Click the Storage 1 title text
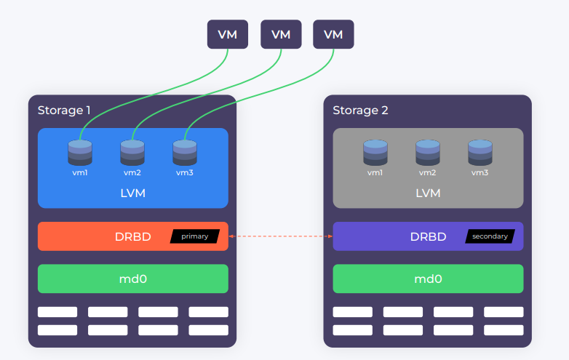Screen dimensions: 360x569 pyautogui.click(x=64, y=111)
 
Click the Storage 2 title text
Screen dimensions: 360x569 pyautogui.click(x=360, y=111)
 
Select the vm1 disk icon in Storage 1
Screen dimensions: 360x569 pyautogui.click(x=80, y=152)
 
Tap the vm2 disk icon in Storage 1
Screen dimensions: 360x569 pyautogui.click(x=132, y=152)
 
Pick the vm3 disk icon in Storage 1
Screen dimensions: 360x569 pyautogui.click(x=185, y=152)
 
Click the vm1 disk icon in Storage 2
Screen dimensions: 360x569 pyautogui.click(x=375, y=152)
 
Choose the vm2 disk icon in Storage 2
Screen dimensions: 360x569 pyautogui.click(x=428, y=152)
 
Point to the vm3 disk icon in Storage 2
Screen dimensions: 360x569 pyautogui.click(x=480, y=152)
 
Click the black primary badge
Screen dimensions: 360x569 pyautogui.click(x=194, y=236)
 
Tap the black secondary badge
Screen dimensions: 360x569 pyautogui.click(x=490, y=236)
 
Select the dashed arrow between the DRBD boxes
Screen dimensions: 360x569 pyautogui.click(x=280, y=236)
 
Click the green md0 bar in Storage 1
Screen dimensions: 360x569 pyautogui.click(x=133, y=279)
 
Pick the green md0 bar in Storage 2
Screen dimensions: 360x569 pyautogui.click(x=428, y=279)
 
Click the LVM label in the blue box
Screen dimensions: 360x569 pyautogui.click(x=133, y=193)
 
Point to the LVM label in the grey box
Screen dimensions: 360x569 pyautogui.click(x=428, y=193)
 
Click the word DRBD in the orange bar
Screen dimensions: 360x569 pyautogui.click(x=133, y=236)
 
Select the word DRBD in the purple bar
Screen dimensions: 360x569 pyautogui.click(x=428, y=236)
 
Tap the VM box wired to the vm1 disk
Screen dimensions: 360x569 pyautogui.click(x=228, y=34)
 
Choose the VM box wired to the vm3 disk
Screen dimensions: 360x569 pyautogui.click(x=333, y=34)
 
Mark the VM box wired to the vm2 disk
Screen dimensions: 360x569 pyautogui.click(x=281, y=34)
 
